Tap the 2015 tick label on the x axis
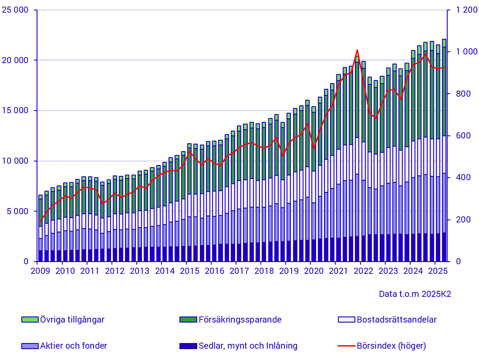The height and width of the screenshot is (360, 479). pyautogui.click(x=186, y=271)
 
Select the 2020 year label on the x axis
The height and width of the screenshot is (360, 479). pyautogui.click(x=310, y=271)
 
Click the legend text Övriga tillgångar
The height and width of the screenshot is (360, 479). pyautogui.click(x=72, y=320)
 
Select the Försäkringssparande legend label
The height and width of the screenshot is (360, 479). pyautogui.click(x=240, y=320)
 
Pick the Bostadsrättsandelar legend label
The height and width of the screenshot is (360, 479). pyautogui.click(x=396, y=320)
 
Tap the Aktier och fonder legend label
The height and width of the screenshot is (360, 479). pyautogui.click(x=74, y=346)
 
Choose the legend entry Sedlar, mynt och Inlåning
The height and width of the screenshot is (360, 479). pyautogui.click(x=248, y=346)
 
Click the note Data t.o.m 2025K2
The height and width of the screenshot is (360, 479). pyautogui.click(x=415, y=294)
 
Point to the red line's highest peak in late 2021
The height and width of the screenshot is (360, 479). pyautogui.click(x=357, y=50)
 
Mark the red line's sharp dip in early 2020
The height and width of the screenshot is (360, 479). pyautogui.click(x=314, y=148)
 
